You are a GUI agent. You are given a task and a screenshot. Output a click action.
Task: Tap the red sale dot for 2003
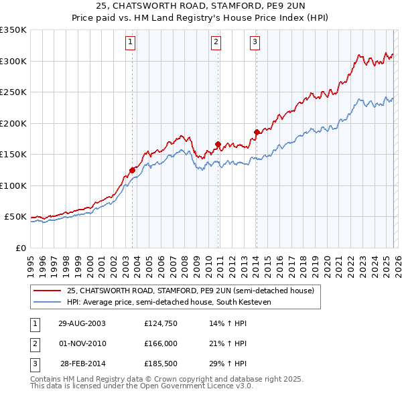(x=133, y=170)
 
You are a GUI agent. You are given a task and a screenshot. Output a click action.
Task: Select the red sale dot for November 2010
(x=218, y=144)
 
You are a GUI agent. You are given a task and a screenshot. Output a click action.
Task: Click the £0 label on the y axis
(x=20, y=248)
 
